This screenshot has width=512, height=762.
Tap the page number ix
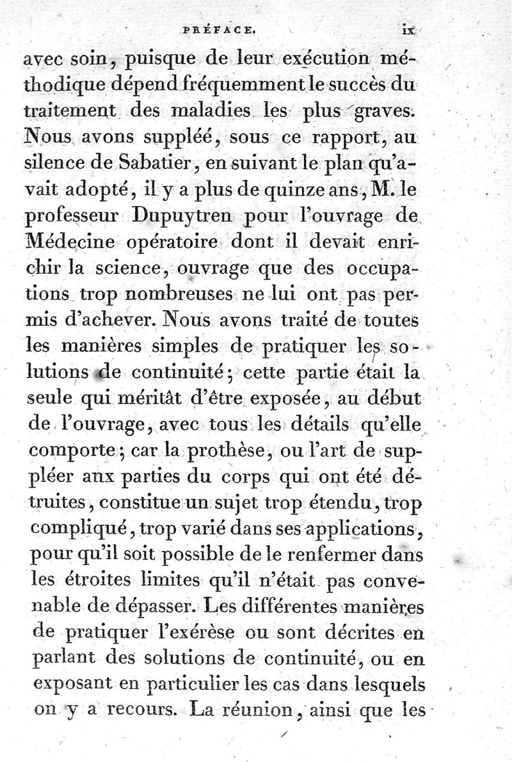[x=409, y=28]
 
